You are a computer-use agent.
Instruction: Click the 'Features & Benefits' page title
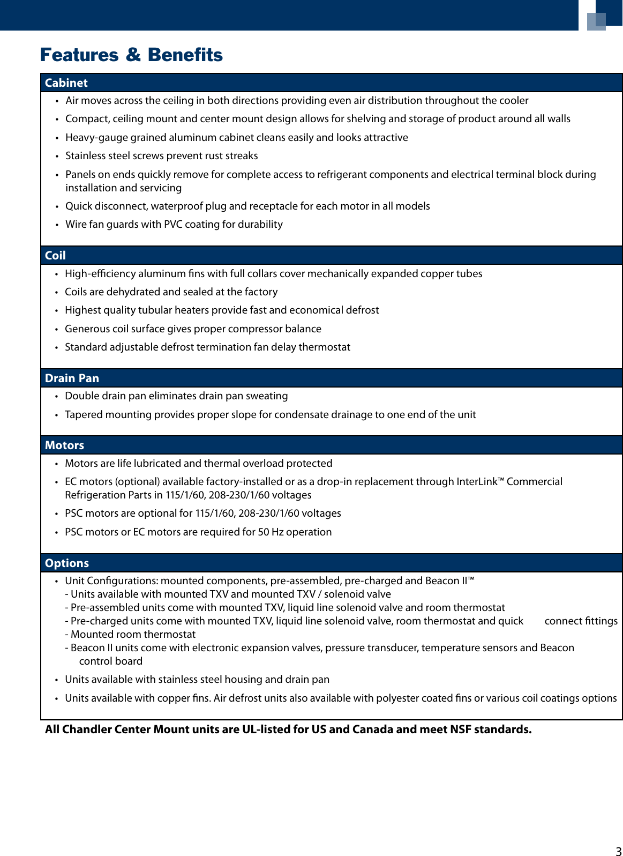point(131,55)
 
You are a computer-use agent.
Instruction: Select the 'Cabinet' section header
point(66,83)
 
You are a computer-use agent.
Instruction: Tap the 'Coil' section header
point(55,255)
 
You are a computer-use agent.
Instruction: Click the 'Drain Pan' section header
point(72,378)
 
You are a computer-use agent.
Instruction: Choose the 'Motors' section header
point(64,445)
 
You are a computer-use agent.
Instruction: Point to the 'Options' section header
point(67,563)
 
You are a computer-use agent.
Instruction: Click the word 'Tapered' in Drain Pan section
point(81,414)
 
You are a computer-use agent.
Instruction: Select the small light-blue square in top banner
point(596,21)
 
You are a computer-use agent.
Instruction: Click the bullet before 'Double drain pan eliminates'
point(56,396)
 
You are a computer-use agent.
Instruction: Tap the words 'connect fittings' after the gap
point(581,621)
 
